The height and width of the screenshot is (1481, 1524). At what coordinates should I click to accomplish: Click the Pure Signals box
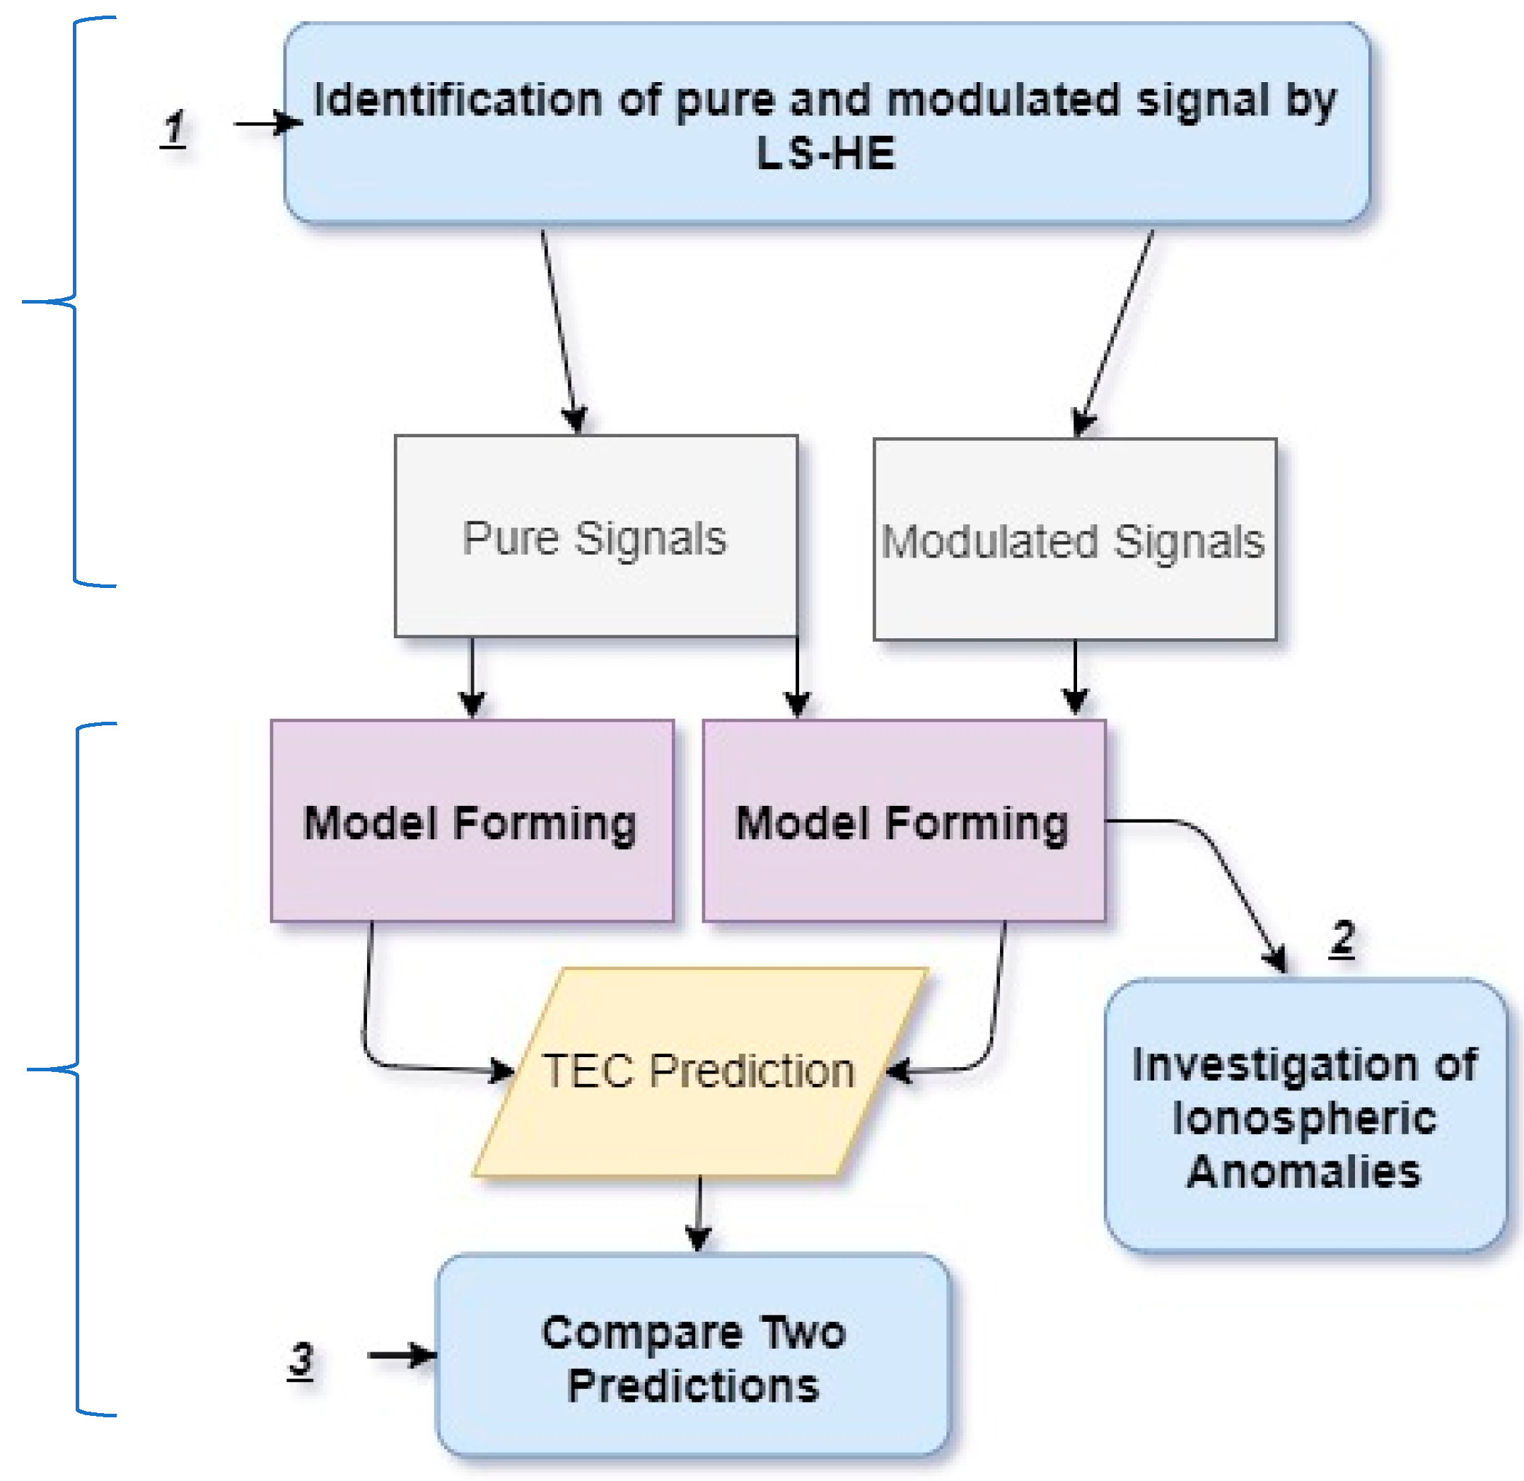coord(595,536)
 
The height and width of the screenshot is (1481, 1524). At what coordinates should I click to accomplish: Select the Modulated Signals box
coord(1074,540)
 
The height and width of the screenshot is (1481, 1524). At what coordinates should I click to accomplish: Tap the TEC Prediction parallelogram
coord(699,1071)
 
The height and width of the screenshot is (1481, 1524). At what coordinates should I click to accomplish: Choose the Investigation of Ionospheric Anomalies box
coord(1305,1116)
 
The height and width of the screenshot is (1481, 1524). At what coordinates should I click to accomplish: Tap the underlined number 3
coord(301,1359)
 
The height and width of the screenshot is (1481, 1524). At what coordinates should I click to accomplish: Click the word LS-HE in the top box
coord(826,154)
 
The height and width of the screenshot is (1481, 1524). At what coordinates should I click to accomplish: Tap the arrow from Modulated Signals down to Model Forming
coord(1074,676)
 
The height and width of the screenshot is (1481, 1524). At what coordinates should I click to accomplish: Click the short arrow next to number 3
coord(400,1356)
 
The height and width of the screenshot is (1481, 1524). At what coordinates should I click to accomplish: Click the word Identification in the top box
coord(457,100)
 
